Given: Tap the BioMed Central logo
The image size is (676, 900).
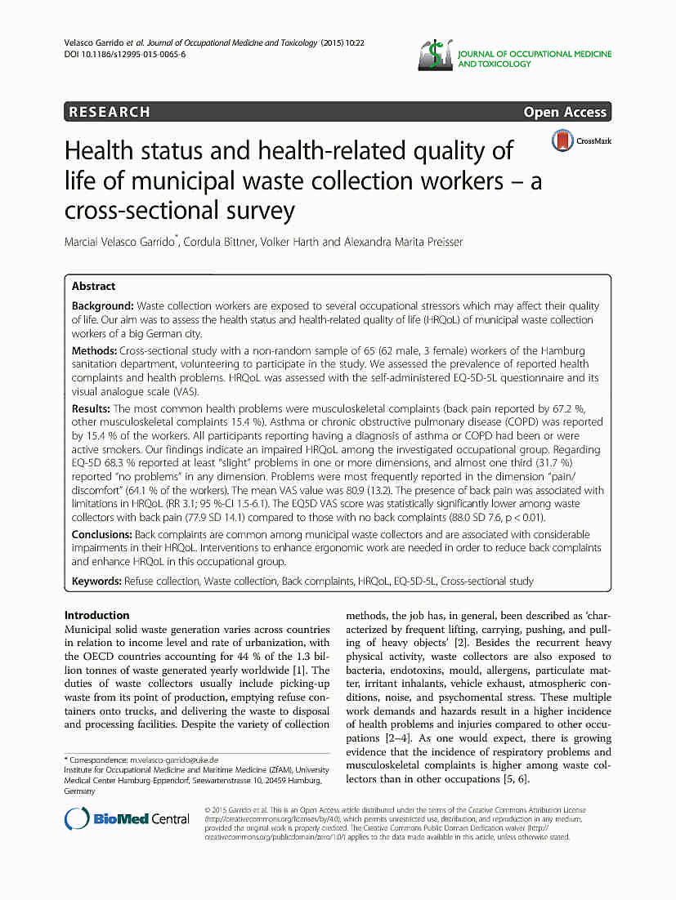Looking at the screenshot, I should [127, 818].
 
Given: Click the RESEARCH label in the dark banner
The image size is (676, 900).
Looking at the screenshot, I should [110, 112].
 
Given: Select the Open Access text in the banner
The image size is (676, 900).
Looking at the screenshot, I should [565, 112].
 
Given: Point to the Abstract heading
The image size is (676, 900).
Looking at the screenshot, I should [93, 286].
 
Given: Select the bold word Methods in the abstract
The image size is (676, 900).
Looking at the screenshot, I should [93, 350].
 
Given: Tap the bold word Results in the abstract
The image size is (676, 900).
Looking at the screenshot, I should [91, 408].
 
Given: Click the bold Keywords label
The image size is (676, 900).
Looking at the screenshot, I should [96, 581].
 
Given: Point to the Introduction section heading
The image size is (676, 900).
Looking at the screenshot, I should [96, 615].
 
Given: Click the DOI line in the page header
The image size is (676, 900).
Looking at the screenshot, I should [124, 53].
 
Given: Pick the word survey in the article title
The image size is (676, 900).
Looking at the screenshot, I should [254, 211].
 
